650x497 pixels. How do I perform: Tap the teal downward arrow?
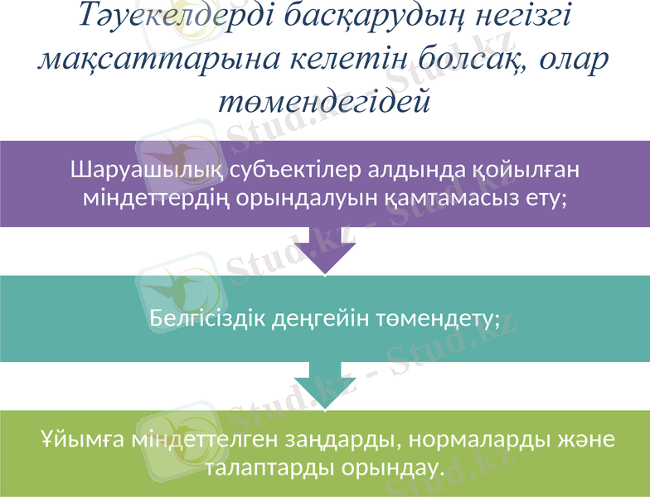pos(326,385)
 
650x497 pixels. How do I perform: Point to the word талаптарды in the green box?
pos(265,467)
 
